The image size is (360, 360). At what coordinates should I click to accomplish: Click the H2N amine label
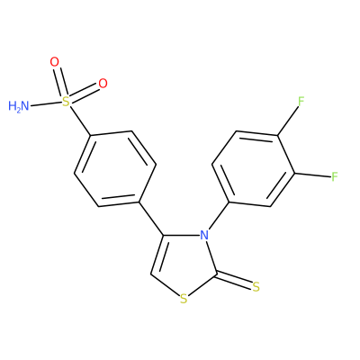click(x=19, y=106)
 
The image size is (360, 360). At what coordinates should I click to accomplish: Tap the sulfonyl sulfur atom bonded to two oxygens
click(x=65, y=102)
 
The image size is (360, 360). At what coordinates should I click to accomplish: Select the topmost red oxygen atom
click(x=55, y=62)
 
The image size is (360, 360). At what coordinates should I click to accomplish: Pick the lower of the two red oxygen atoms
click(x=103, y=84)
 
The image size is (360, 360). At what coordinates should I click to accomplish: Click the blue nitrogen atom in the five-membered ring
click(x=204, y=235)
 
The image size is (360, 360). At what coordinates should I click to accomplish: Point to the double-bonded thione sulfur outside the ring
click(x=256, y=287)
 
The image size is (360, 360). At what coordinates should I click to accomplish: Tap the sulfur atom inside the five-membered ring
click(x=184, y=299)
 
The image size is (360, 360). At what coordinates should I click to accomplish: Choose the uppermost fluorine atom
click(x=301, y=102)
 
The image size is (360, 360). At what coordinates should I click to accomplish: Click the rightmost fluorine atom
click(x=335, y=176)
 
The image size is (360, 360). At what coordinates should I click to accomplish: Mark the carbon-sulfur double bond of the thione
click(x=234, y=281)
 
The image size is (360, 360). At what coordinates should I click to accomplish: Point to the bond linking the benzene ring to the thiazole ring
click(x=151, y=219)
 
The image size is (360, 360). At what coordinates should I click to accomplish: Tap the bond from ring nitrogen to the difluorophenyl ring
click(x=219, y=216)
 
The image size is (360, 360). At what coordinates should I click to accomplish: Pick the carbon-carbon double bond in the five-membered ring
click(x=157, y=255)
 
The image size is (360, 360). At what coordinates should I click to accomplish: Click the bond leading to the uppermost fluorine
click(x=288, y=121)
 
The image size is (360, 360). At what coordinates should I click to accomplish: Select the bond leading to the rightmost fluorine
click(x=312, y=175)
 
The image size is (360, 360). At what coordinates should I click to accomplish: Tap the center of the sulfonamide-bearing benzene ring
click(x=115, y=168)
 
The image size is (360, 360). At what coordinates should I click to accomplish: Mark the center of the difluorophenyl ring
click(x=253, y=168)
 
